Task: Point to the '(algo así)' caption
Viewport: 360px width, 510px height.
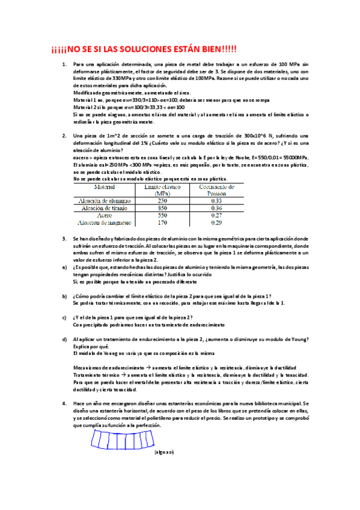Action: tap(163, 452)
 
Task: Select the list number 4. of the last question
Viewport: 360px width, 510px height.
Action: tap(65, 404)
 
